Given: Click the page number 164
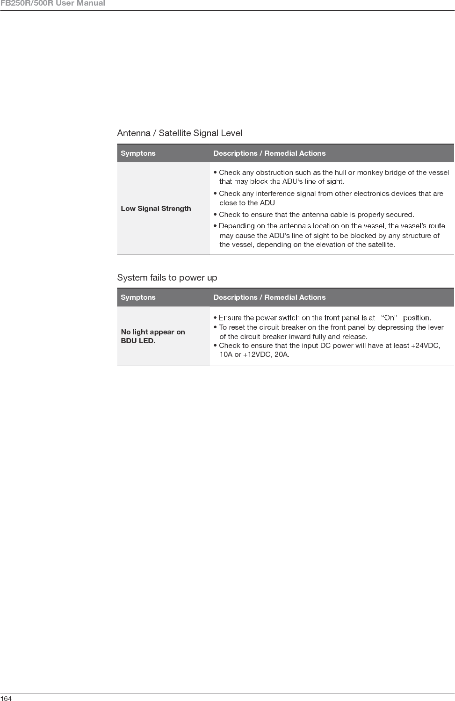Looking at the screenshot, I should (x=6, y=698).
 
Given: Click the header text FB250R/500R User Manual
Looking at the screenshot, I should (x=52, y=4).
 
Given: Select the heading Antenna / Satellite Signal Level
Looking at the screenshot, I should (x=180, y=133).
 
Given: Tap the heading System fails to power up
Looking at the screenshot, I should (x=167, y=278).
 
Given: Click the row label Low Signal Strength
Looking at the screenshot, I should (x=156, y=209).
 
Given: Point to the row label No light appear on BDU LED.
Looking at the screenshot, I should (x=152, y=336).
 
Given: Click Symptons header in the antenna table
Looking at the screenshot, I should (x=138, y=153).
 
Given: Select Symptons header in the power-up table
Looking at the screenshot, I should (x=138, y=297).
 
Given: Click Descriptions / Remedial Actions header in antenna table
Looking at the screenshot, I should (x=269, y=153).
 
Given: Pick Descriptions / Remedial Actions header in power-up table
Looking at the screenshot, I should (x=269, y=297).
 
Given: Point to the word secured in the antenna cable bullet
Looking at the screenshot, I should (x=400, y=215).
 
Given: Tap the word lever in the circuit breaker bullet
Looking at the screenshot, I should (x=435, y=327).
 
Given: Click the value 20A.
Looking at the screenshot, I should (x=281, y=354).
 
